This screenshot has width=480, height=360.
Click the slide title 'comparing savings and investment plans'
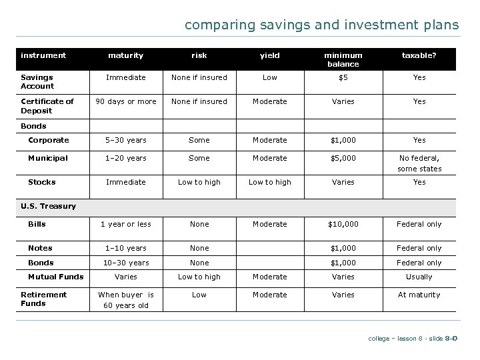[321, 25]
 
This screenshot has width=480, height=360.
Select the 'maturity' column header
[126, 56]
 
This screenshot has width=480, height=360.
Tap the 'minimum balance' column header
[343, 60]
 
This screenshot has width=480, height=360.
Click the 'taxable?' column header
[419, 56]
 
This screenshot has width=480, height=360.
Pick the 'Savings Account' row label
[37, 81]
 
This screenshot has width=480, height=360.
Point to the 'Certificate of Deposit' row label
[47, 105]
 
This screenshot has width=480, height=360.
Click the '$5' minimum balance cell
[343, 77]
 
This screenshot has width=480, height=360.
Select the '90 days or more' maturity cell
[126, 101]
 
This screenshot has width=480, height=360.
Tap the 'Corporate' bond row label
[49, 140]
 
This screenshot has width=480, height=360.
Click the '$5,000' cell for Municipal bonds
[343, 158]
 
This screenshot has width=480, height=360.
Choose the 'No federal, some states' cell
[419, 163]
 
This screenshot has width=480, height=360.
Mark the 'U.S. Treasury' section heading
[48, 206]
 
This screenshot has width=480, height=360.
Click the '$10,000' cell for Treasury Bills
[343, 224]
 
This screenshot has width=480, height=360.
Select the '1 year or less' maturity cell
[126, 224]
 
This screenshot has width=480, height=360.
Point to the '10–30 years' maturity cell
[126, 263]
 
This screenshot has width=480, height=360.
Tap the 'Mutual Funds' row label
[55, 277]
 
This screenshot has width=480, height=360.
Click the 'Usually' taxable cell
[419, 277]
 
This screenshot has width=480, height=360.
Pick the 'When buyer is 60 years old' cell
[126, 300]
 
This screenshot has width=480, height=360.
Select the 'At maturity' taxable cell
[419, 295]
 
